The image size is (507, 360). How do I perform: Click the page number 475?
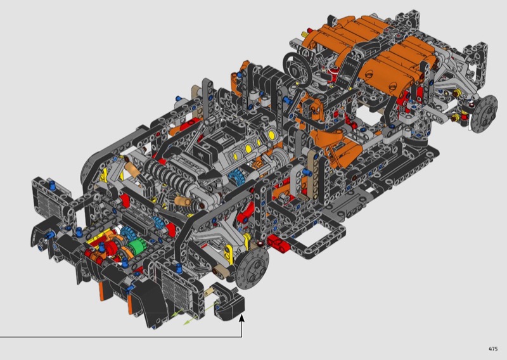coord(493,349)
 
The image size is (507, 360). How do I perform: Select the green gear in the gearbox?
coord(136,247)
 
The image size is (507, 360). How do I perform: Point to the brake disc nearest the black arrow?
coord(252,269)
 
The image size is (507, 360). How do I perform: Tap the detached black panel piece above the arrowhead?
coord(229,302)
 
